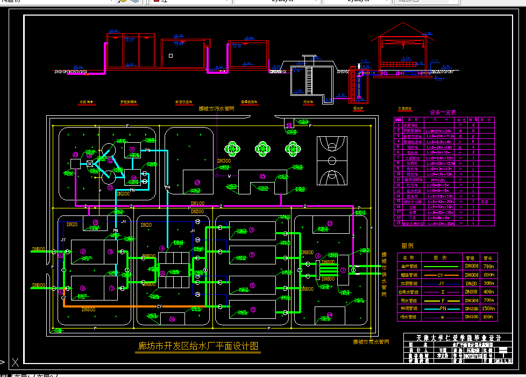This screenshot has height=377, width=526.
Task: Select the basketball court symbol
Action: click(331, 160)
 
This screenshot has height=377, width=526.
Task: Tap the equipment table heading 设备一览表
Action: click(443, 113)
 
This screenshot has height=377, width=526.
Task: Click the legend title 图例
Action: click(408, 246)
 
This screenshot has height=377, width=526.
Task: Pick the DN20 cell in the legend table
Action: click(471, 283)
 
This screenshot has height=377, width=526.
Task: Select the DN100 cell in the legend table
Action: click(471, 291)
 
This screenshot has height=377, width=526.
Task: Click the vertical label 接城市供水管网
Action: click(383, 275)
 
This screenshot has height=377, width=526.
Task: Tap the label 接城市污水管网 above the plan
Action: click(216, 109)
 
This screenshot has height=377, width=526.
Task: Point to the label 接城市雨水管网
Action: click(371, 341)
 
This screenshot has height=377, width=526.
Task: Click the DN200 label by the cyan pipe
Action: click(123, 193)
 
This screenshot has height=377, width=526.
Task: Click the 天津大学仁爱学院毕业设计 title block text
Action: click(458, 338)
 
